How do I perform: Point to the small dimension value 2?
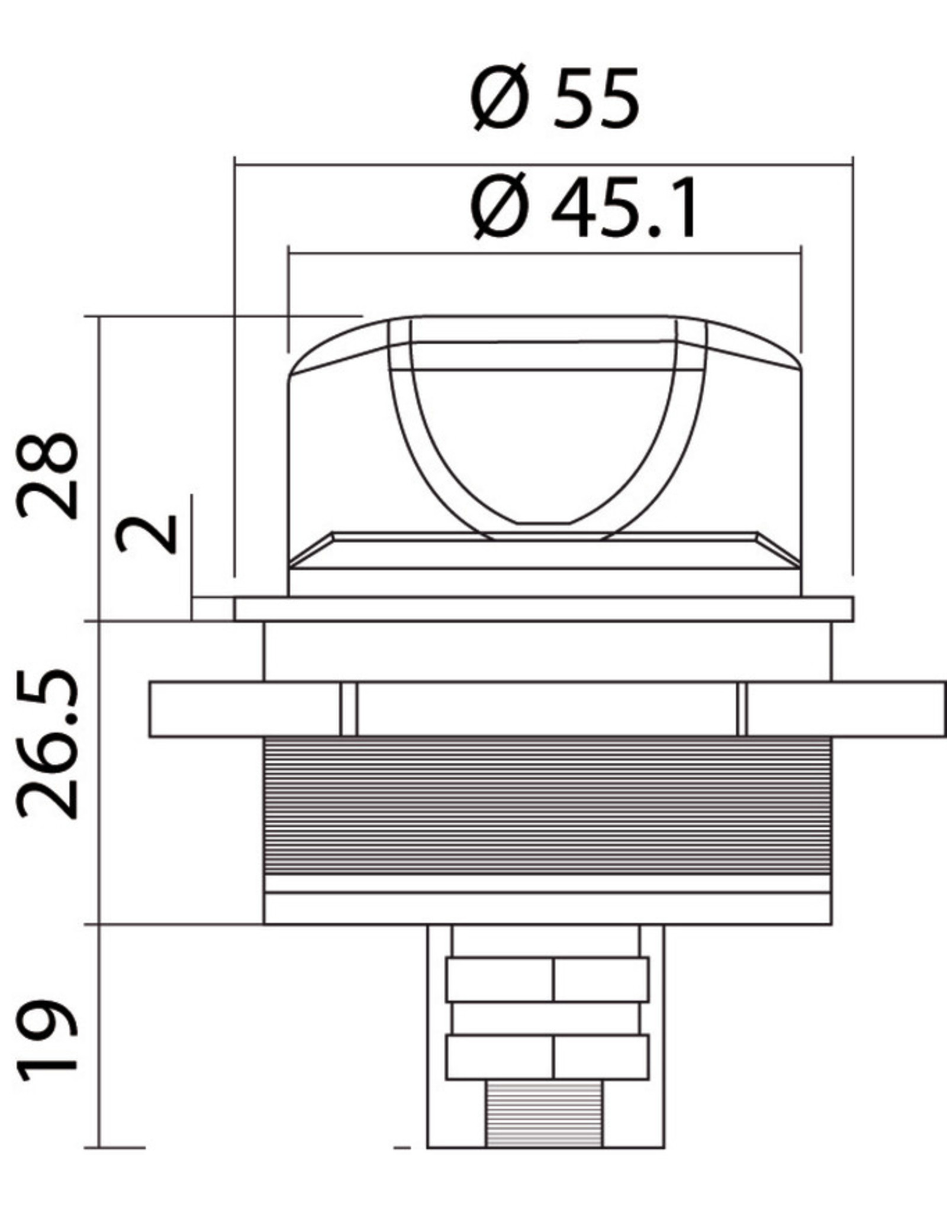[x=148, y=533]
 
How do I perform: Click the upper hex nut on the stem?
[x=547, y=979]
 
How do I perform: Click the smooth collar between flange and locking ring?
[x=547, y=651]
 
